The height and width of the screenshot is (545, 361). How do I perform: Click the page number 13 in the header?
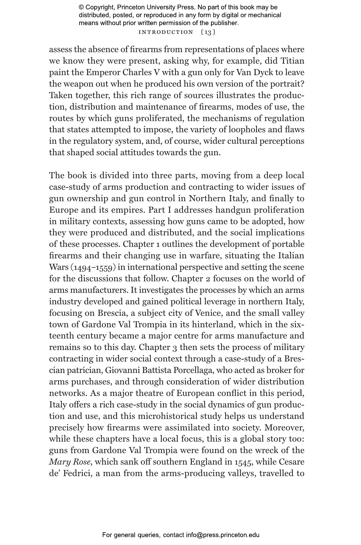point(208,32)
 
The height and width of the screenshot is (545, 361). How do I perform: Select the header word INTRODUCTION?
point(166,32)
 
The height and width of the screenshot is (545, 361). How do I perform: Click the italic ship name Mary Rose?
point(70,462)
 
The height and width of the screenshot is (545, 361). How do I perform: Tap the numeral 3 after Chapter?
point(174,347)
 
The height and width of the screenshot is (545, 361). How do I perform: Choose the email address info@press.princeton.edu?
point(222,535)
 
